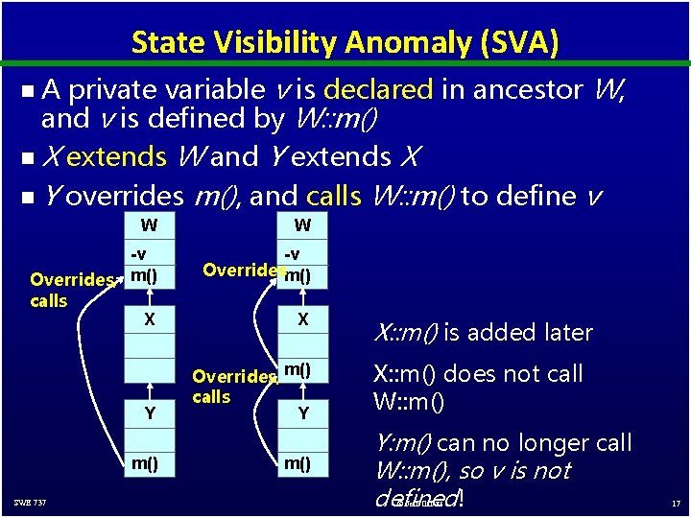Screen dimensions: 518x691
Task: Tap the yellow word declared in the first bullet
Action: (378, 89)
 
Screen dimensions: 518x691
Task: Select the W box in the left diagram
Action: (149, 226)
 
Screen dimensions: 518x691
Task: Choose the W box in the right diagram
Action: (302, 226)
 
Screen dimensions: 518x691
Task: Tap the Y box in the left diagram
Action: (149, 413)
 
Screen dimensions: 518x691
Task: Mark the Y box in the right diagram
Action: (302, 413)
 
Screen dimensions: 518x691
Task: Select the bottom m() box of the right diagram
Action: (302, 463)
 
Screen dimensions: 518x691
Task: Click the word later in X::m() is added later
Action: (567, 333)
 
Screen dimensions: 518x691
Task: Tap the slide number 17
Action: (675, 504)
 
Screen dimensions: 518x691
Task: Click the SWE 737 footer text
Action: (30, 504)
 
